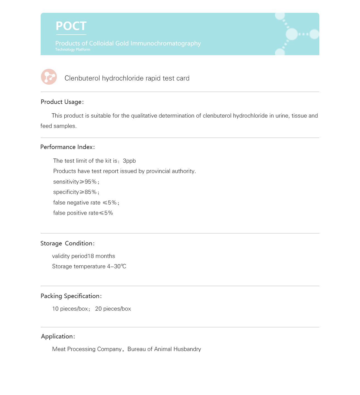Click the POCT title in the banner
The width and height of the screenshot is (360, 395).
pos(71,26)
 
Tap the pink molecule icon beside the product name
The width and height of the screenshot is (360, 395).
pos(49,77)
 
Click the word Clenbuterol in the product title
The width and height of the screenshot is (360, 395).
pos(82,78)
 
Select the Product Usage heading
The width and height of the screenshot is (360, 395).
pos(62,102)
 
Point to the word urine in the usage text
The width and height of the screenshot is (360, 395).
pos(282,116)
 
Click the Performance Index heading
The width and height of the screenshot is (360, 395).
pos(67,147)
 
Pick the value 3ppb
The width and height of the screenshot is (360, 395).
pos(129,161)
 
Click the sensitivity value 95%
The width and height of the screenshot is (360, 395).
pos(91,182)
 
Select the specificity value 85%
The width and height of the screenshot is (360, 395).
pos(91,192)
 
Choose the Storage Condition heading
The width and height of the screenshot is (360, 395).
pos(67,243)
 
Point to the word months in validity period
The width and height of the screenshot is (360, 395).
pos(105,256)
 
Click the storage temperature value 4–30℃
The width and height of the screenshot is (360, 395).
pos(116,266)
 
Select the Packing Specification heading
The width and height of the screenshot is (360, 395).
pos(71,296)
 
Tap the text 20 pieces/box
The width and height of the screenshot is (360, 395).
pos(113,309)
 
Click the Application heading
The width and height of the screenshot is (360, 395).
pos(58,337)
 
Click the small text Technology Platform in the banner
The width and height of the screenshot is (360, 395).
pos(73,50)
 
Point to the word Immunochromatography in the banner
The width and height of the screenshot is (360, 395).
pos(166,43)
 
